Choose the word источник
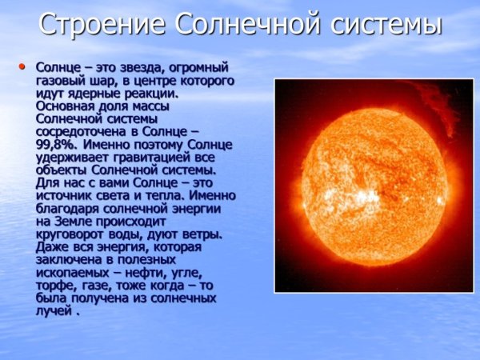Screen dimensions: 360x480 click(x=66, y=197)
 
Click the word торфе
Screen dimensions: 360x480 click(x=55, y=286)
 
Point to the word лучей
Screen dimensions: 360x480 click(x=54, y=312)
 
